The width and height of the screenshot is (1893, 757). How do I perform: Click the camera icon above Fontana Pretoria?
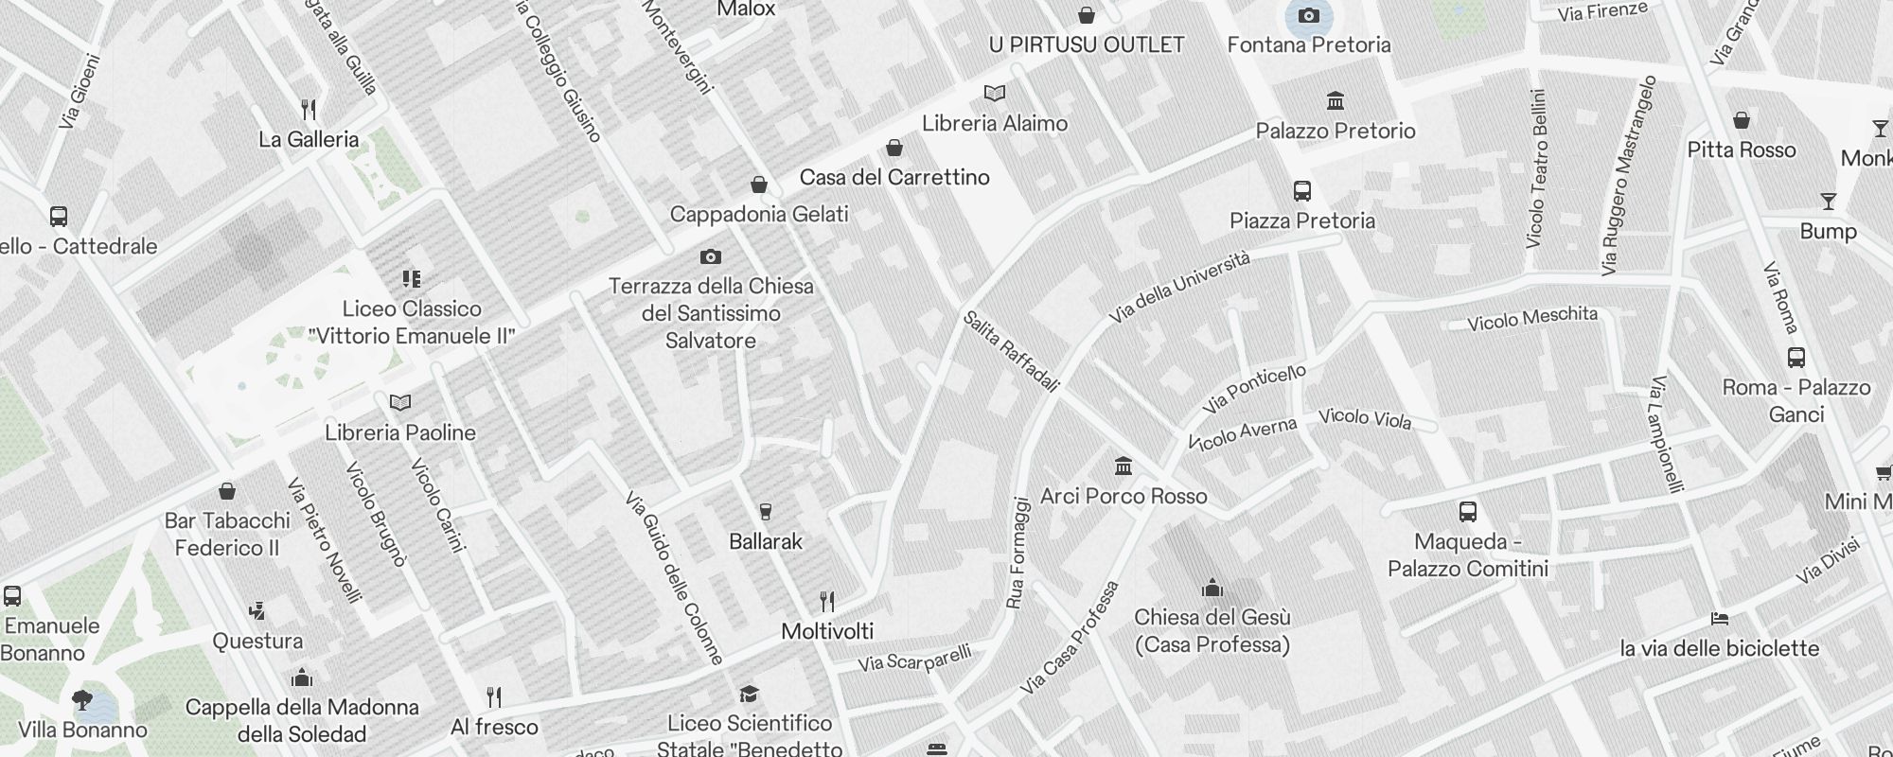(x=1309, y=15)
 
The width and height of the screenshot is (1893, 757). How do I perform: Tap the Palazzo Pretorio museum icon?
(x=1336, y=100)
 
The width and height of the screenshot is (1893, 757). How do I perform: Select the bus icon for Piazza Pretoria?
(x=1302, y=191)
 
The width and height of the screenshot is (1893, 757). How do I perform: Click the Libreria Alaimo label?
(x=995, y=123)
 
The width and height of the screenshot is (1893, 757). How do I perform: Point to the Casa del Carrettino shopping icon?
(x=893, y=148)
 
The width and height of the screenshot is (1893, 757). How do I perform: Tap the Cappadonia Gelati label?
(x=759, y=214)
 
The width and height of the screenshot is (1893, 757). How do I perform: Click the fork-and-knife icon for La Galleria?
(x=309, y=110)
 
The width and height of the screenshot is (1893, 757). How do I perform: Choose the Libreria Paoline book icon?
(x=400, y=403)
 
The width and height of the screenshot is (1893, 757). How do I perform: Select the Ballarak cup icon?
(x=766, y=512)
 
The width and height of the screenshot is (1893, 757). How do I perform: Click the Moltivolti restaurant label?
(x=827, y=631)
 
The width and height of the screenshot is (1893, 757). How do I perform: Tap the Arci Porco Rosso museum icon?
(x=1123, y=466)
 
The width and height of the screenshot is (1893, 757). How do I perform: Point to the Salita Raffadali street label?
(x=1011, y=350)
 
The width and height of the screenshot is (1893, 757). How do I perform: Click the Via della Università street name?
(x=1179, y=287)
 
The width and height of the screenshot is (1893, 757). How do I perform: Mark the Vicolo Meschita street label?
(x=1531, y=319)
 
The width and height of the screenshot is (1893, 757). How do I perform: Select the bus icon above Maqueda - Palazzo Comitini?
(x=1468, y=512)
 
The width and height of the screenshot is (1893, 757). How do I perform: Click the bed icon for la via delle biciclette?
(x=1720, y=619)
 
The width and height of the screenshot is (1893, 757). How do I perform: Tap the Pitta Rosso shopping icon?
(x=1742, y=120)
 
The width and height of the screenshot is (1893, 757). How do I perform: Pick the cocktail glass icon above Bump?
(x=1828, y=202)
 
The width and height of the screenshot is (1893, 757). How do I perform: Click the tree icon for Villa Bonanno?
(x=82, y=700)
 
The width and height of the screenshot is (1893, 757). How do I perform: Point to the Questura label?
(x=257, y=641)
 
